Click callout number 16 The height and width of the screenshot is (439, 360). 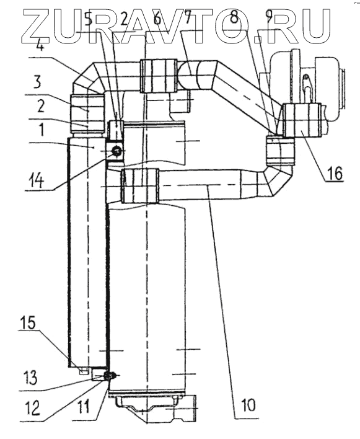334,173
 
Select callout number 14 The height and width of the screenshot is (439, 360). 36,180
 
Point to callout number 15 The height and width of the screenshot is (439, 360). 28,323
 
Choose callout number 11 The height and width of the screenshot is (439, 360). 83,407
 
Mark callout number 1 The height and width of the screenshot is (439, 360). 41,130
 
